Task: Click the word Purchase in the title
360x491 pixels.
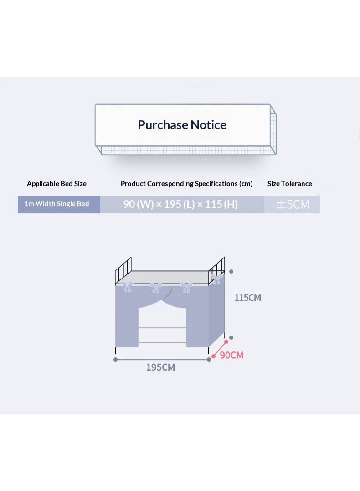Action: click(x=163, y=125)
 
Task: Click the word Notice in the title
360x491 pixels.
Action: click(x=209, y=125)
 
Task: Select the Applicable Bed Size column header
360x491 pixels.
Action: click(x=57, y=184)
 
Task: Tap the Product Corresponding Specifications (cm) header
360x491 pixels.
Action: click(x=186, y=184)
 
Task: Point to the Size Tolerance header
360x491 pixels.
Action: click(x=289, y=184)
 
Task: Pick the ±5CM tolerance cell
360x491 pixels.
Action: click(x=293, y=205)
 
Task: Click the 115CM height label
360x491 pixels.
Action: click(x=247, y=298)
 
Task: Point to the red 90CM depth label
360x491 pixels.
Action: click(x=231, y=355)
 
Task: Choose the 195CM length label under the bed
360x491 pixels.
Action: click(x=160, y=367)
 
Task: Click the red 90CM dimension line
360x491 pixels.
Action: click(x=220, y=349)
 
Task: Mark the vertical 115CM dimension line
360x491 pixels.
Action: click(x=231, y=305)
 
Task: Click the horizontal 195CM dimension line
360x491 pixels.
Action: click(x=162, y=360)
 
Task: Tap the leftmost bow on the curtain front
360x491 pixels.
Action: click(x=128, y=286)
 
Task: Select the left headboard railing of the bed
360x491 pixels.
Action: click(x=123, y=270)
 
